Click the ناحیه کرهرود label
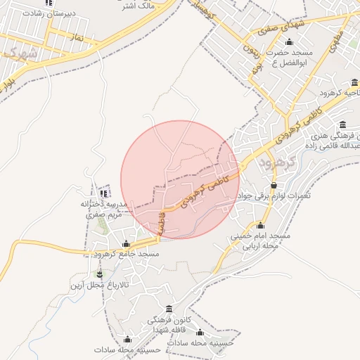337,92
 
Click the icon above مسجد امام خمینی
261,225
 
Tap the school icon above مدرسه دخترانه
104,193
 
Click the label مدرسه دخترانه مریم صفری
103,210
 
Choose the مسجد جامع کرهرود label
127,253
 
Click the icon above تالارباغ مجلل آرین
99,274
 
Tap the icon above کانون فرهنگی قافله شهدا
169,309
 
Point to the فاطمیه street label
162,224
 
